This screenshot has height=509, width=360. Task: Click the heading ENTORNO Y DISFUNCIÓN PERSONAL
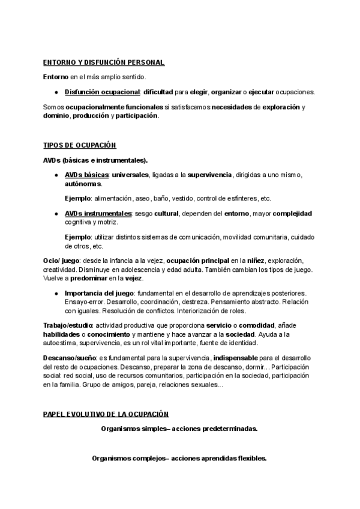coord(104,62)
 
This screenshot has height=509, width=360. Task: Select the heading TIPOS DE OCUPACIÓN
coord(80,146)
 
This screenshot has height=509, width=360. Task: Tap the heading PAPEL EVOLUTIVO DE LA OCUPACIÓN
coord(106,414)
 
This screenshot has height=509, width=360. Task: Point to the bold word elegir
coord(198,92)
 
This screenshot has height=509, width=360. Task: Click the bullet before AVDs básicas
coord(56,175)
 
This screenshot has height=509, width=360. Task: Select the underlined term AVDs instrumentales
coord(98,214)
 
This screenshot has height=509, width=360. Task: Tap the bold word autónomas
coord(83,184)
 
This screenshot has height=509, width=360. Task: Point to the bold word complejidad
coord(292,214)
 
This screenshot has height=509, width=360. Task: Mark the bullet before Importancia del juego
coord(56,292)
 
